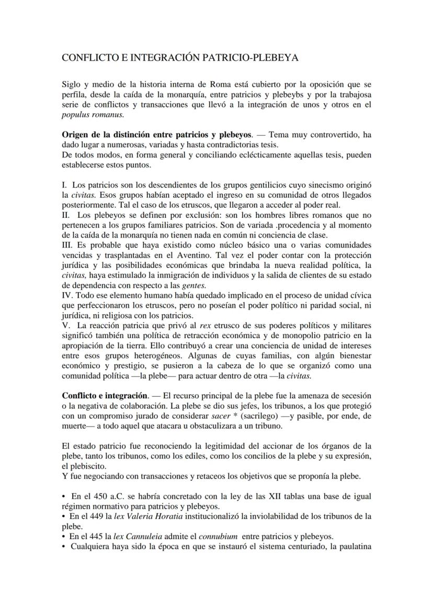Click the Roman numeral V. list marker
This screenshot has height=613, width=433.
[x=66, y=326]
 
